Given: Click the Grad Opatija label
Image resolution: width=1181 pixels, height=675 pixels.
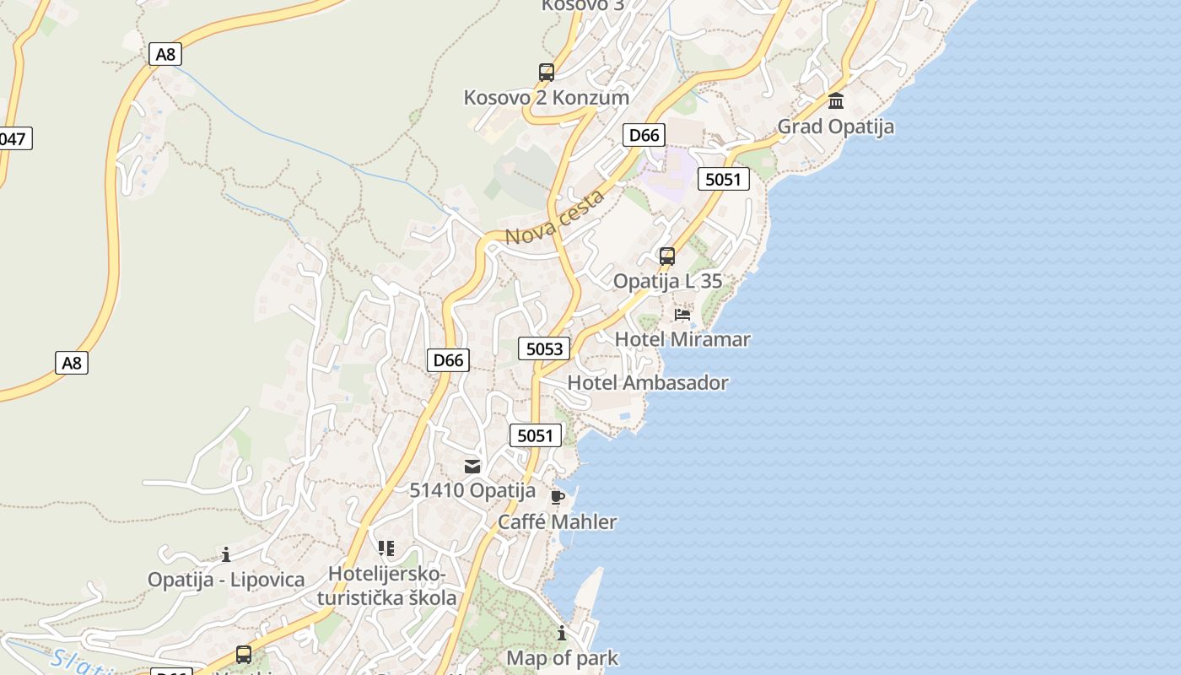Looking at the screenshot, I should coord(835,127).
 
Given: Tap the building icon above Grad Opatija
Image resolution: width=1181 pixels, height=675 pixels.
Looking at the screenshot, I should coord(836,101).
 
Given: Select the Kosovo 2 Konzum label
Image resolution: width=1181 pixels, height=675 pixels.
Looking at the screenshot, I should coord(547,97).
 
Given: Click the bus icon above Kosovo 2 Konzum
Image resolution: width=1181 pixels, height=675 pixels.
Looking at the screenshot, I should coord(547,73).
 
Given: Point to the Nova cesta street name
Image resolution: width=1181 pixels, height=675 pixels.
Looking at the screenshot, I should coord(555,218).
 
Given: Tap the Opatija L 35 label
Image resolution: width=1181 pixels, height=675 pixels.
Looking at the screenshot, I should coord(667,281).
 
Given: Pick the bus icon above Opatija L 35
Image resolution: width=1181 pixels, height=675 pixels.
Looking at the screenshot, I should coord(667,256).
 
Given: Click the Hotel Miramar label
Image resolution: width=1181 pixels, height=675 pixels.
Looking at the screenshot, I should coord(682,339).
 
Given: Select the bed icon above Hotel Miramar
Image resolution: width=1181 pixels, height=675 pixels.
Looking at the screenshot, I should coord(682,315).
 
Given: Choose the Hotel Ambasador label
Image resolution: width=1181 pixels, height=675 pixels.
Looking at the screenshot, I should coord(647,383).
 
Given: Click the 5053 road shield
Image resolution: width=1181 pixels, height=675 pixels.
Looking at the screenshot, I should coord(544,348).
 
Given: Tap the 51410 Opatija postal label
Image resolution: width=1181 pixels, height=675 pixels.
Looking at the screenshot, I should coord(472,490).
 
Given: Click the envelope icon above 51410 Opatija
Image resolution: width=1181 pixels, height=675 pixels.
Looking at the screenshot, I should coord(472,466).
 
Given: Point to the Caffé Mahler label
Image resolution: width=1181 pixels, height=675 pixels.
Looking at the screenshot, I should coord(557,521).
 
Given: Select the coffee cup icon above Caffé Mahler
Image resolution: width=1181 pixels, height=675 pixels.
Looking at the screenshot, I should coord(557,497).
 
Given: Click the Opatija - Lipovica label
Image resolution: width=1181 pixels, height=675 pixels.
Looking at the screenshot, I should coord(226,580).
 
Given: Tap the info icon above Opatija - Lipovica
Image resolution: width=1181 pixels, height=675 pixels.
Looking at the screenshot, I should coord(226,554).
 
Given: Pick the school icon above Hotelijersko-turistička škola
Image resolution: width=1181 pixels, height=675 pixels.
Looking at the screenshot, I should coord(386,549).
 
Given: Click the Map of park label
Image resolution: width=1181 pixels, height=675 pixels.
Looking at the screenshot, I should coord(562,658).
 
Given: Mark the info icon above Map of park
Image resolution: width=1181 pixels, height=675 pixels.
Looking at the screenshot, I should coord(562,633).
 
